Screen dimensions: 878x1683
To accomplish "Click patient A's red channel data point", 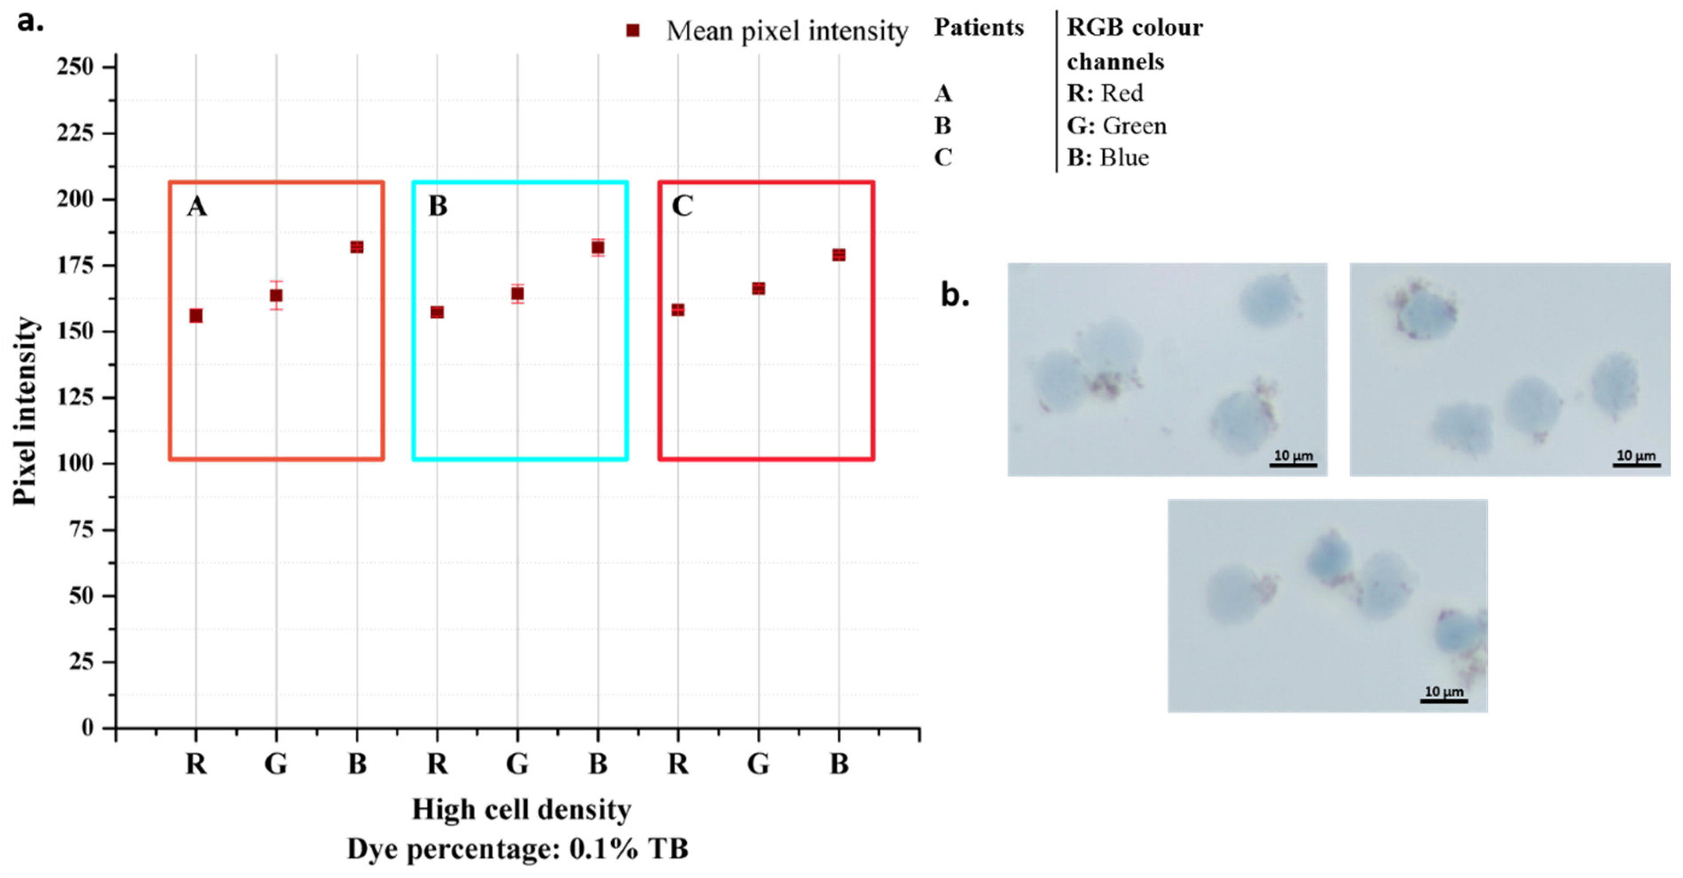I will point(196,316).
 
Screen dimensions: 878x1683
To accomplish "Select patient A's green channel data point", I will point(276,295).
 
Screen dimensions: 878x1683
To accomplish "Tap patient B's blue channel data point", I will point(598,248).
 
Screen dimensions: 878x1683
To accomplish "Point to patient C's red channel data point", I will point(678,310).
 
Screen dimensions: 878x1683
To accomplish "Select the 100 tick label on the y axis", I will point(75,463).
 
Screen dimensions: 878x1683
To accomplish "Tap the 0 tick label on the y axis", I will point(87,728).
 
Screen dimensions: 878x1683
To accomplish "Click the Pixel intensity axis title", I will point(25,412).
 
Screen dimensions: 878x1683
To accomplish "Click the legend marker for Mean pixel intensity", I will point(633,31).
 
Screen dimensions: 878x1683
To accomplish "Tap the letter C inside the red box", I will point(682,206).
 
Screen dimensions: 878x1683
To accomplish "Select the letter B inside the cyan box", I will point(438,206).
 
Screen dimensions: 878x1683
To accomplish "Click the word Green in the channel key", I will point(1134,126).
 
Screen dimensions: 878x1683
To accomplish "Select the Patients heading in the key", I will point(979,28).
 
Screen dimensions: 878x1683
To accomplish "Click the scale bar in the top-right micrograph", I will point(1636,465).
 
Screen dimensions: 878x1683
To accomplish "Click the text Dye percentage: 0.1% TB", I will point(517,849).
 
